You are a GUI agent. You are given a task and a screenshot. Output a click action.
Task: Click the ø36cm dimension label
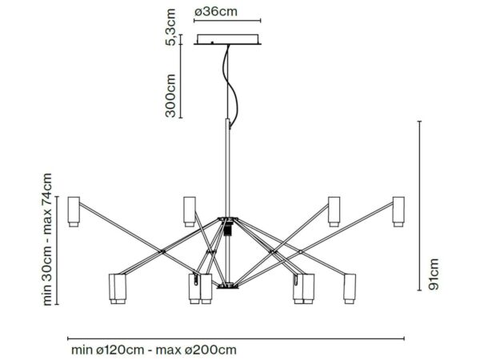[216, 12]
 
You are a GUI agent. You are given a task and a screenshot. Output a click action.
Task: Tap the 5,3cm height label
[170, 27]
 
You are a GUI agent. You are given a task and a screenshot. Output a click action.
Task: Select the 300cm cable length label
[170, 95]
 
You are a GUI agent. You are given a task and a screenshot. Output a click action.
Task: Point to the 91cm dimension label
[434, 274]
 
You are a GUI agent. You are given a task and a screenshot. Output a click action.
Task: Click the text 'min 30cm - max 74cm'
[47, 239]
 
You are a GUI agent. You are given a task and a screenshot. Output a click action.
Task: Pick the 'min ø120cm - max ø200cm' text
[154, 350]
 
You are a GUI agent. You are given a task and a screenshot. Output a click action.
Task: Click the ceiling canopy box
[227, 39]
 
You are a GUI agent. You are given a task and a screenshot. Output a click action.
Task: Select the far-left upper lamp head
[74, 211]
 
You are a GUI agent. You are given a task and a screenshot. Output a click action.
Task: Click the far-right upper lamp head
[398, 211]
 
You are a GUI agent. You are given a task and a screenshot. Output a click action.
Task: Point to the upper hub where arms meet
[227, 219]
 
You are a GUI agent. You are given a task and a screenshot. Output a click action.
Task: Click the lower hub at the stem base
[227, 286]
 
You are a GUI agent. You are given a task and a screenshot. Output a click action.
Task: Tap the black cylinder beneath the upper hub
[227, 229]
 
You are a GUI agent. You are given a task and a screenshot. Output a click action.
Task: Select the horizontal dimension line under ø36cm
[227, 21]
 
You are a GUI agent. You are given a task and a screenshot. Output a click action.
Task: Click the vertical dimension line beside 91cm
[420, 206]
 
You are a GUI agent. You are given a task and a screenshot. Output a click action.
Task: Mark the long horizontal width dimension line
[236, 338]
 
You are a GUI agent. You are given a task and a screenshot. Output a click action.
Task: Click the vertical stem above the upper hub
[227, 168]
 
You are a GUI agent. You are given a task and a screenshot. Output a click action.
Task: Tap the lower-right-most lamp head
[350, 289]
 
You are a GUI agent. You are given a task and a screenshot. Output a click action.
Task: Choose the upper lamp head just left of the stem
[190, 211]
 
